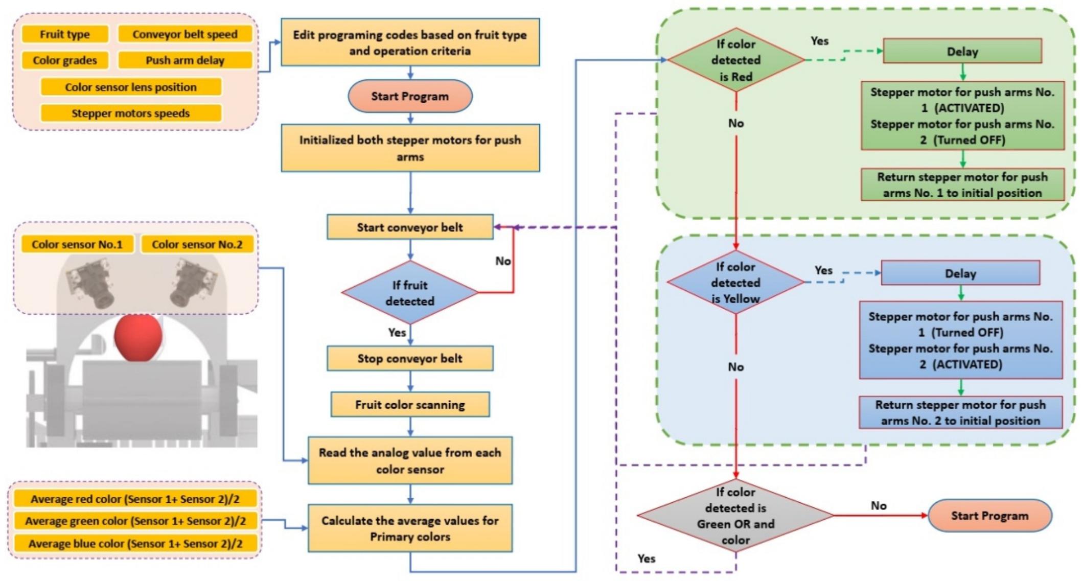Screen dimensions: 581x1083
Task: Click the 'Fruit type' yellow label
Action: coord(65,34)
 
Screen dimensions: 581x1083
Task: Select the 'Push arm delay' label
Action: coord(185,60)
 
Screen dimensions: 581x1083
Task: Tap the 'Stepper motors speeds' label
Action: coord(131,113)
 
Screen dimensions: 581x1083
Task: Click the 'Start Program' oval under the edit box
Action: coord(410,96)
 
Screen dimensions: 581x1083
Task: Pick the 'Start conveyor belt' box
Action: coord(410,227)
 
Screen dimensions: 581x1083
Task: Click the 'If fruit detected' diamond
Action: coord(410,293)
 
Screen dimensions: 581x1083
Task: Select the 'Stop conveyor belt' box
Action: coord(410,359)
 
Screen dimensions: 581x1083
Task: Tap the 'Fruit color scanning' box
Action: coord(410,405)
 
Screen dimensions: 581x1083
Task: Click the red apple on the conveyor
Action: coord(138,338)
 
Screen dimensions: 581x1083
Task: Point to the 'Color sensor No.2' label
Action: coord(197,244)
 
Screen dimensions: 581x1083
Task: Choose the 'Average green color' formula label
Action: coord(135,521)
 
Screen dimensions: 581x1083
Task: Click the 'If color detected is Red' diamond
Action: coord(735,60)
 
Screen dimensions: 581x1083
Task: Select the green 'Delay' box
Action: coord(962,52)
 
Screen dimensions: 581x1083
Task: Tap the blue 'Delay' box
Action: coord(960,273)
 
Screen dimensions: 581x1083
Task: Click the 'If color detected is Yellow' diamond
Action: coord(735,282)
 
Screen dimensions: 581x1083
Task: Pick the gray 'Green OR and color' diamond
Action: coord(735,516)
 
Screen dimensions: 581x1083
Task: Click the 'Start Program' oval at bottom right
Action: coord(989,516)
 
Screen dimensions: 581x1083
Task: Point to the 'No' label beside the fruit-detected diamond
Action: coord(503,261)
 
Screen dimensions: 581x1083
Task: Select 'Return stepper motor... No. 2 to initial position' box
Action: coord(960,412)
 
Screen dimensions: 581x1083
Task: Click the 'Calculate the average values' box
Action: coord(410,528)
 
